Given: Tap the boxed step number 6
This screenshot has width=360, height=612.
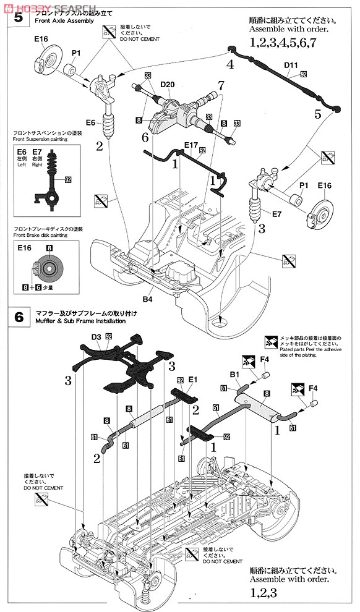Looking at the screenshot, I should [x=19, y=317].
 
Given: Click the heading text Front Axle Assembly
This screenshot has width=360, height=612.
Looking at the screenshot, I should [x=64, y=21].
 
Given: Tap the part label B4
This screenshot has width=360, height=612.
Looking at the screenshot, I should [x=147, y=299].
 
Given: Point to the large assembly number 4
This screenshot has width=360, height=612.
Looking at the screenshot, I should [x=229, y=64].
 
